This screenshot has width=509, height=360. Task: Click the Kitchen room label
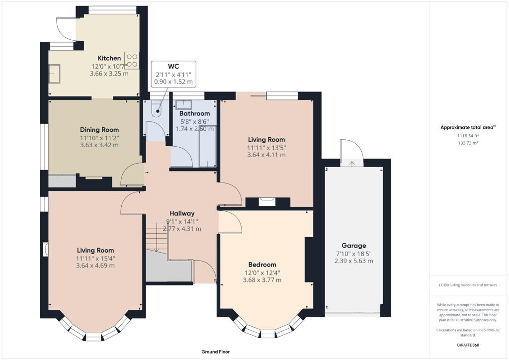point(109,58)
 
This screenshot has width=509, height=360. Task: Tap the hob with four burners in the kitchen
point(132,61)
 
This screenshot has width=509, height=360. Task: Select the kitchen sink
point(54,73)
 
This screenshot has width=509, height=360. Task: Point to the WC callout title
point(173,66)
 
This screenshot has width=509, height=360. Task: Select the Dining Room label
point(99,130)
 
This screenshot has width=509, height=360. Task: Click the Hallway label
point(181,213)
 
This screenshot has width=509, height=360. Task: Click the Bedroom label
point(262,265)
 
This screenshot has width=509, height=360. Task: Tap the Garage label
point(353,246)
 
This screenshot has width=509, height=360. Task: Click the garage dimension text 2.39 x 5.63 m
point(353,261)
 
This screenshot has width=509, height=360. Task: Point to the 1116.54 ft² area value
point(468,136)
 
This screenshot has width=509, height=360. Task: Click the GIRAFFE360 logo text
point(469,345)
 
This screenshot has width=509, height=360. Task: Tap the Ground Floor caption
point(215,352)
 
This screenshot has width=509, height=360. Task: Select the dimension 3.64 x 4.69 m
point(95,266)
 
